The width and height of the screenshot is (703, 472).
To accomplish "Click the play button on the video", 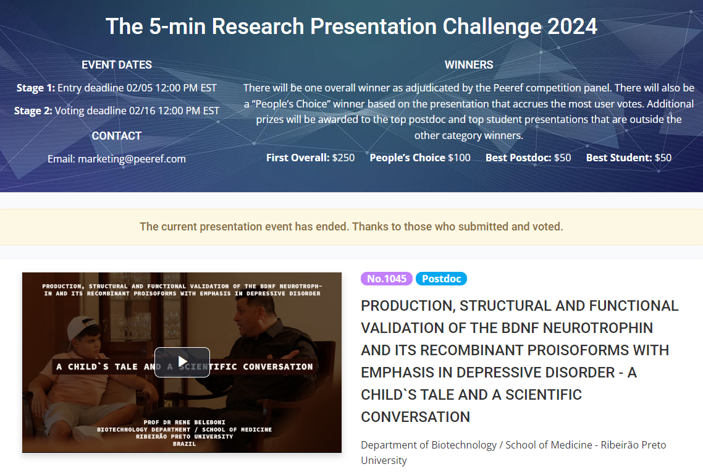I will click(x=182, y=362).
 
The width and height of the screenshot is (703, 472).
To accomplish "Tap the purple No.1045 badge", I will click(x=387, y=279).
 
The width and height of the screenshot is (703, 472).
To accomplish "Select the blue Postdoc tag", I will click(x=441, y=279).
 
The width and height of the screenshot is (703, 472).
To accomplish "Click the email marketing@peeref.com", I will click(x=132, y=159).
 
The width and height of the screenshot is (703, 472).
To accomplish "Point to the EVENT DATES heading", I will click(x=117, y=65).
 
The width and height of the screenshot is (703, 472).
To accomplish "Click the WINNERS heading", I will click(x=469, y=65).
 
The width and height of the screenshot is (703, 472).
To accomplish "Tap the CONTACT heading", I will click(x=117, y=136).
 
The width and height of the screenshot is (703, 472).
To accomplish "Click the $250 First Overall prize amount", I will click(x=343, y=158).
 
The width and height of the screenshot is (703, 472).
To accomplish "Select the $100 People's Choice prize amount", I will click(x=459, y=158).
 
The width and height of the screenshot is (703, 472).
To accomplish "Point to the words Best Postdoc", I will click(x=518, y=158).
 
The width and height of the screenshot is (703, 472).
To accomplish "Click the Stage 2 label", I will click(x=33, y=111).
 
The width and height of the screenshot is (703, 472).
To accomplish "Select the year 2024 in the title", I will click(x=572, y=27).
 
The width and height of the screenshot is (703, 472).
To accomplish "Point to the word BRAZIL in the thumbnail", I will click(x=185, y=444).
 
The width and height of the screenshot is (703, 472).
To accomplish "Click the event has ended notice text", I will click(x=351, y=227).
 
